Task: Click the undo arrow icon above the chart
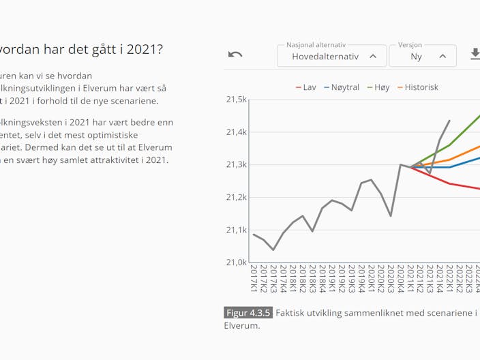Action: click(235, 55)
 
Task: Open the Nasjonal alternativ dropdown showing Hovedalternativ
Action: click(331, 56)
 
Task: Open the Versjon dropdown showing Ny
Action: click(422, 56)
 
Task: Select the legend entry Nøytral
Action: click(341, 87)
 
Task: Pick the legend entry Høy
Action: click(378, 87)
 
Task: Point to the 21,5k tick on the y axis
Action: click(236, 100)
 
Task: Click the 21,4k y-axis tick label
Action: click(236, 132)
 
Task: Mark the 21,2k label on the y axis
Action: click(236, 198)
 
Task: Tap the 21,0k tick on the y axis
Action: click(236, 262)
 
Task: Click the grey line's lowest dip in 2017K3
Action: click(273, 250)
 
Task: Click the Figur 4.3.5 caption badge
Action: click(248, 313)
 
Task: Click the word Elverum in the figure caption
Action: click(242, 326)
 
